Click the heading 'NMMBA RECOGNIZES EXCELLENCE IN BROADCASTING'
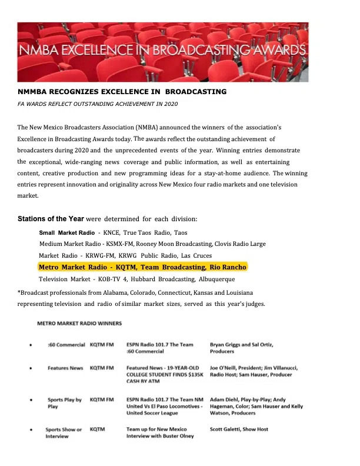point(122,92)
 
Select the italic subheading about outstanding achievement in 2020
point(98,104)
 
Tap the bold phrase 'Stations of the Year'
point(51,219)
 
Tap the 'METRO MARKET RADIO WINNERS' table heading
point(79,324)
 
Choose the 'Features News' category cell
point(65,368)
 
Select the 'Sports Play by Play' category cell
point(64,403)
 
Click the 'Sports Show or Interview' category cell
point(64,432)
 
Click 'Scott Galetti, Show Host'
point(239,430)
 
